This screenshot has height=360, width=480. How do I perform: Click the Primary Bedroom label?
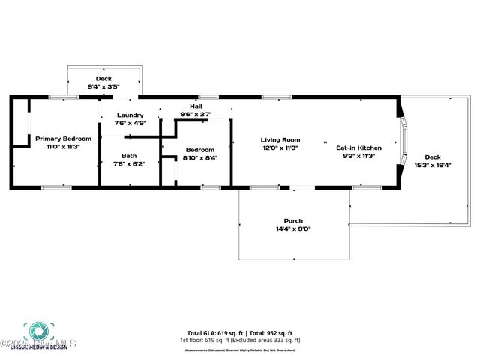(x=63, y=139)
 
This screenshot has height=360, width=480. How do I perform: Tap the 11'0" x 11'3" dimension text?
(x=63, y=147)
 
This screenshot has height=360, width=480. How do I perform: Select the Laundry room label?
(x=129, y=115)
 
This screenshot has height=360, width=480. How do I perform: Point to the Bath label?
(x=129, y=155)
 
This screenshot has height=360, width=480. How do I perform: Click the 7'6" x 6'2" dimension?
(x=129, y=163)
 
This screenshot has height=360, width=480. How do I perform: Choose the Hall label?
(x=196, y=106)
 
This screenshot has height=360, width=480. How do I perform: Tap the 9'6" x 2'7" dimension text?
(x=196, y=114)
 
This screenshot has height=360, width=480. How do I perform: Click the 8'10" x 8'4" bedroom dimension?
(x=200, y=158)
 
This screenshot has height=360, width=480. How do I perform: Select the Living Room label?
(x=280, y=139)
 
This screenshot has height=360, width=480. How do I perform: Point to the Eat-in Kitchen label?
(x=358, y=148)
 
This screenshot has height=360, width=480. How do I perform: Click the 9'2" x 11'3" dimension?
(x=358, y=156)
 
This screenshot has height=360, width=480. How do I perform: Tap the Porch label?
(x=293, y=220)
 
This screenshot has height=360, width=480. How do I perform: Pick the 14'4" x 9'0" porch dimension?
(x=293, y=229)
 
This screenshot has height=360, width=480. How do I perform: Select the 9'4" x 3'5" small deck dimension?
(x=103, y=87)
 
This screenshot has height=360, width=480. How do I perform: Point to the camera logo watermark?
(x=35, y=331)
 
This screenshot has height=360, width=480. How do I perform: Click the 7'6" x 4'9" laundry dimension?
(x=129, y=123)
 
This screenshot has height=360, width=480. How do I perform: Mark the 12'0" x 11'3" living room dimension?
(x=280, y=148)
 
